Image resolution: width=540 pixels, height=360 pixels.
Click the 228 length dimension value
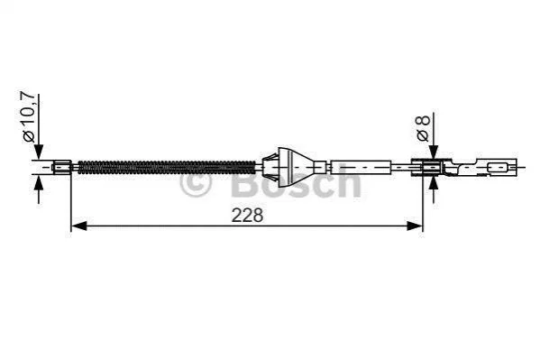(247, 216)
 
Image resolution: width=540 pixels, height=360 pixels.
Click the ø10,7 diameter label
(29, 117)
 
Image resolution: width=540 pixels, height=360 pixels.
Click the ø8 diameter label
(423, 128)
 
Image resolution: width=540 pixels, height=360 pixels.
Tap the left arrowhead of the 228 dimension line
(78, 226)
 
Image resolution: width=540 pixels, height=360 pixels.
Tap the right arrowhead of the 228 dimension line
(415, 226)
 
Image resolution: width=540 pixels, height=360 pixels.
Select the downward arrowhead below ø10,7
(39, 152)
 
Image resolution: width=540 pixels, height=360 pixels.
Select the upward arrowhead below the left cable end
(39, 182)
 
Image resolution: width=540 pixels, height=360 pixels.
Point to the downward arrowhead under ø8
(434, 152)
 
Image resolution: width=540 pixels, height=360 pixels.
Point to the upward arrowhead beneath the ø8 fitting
(434, 183)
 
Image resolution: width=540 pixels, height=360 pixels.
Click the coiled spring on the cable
(167, 167)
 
